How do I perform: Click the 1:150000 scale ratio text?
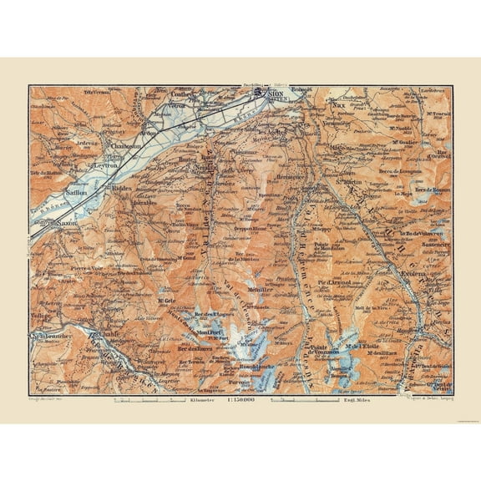pos(240,402)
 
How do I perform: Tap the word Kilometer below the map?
pos(200,402)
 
